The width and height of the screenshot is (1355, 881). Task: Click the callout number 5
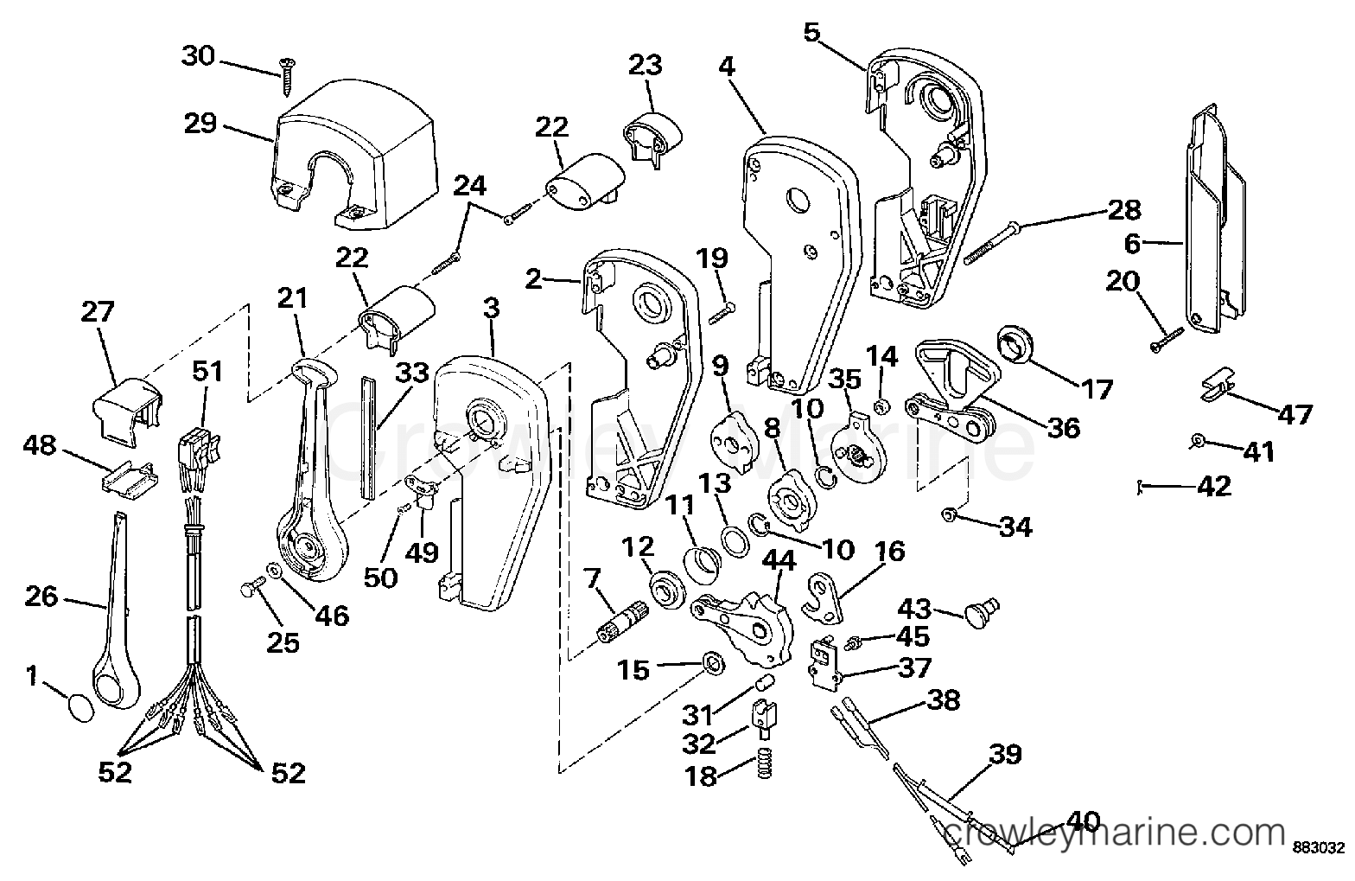[811, 31]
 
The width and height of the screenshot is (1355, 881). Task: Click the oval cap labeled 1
[80, 708]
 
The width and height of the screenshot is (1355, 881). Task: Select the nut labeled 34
[949, 515]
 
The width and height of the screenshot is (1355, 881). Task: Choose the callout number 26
[41, 597]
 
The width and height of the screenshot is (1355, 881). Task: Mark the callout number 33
[411, 373]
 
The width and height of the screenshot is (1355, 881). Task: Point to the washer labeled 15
[715, 664]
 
